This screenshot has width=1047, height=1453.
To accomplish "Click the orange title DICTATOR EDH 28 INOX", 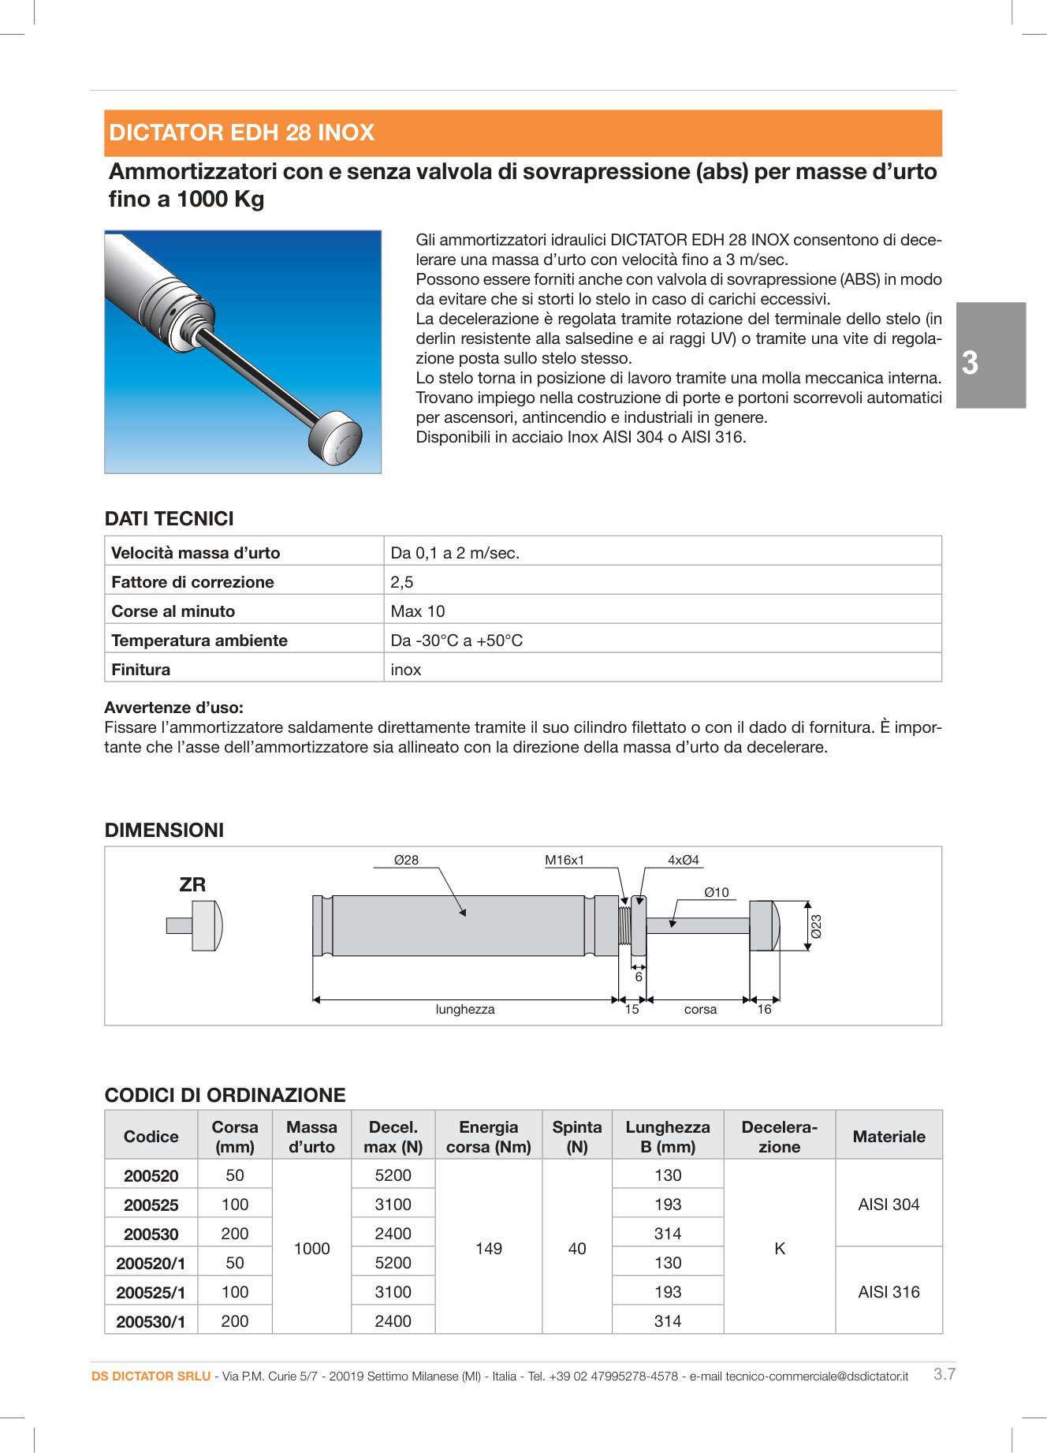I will [x=241, y=133].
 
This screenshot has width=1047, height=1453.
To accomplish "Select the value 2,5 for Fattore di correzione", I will [x=402, y=582].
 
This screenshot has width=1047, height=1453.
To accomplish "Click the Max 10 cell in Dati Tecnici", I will [x=418, y=611].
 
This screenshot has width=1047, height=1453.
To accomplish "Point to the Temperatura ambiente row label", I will [x=199, y=641].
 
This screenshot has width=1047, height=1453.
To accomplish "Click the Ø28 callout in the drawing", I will [x=406, y=860].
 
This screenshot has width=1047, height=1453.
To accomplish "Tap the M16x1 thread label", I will [x=564, y=860].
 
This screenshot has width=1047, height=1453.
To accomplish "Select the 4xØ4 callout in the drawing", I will [x=684, y=860].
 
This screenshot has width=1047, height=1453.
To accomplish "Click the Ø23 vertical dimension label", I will [x=817, y=926].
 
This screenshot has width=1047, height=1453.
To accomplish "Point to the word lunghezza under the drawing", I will [x=465, y=1010].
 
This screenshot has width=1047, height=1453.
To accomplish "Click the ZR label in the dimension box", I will [x=192, y=885].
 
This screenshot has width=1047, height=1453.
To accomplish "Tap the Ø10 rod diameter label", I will [x=717, y=892].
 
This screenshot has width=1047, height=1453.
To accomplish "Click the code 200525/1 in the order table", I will [x=151, y=1292].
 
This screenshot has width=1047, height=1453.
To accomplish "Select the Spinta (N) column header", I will [x=576, y=1136].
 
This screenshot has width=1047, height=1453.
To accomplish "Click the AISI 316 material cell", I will [x=889, y=1291].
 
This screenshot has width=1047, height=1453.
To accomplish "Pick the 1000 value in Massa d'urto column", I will [x=311, y=1248].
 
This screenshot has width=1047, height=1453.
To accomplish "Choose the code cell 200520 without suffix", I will [x=151, y=1175].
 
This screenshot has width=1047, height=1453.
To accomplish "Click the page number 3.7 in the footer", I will [x=945, y=1373].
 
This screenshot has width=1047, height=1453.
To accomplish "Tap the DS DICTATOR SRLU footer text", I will [x=151, y=1376].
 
